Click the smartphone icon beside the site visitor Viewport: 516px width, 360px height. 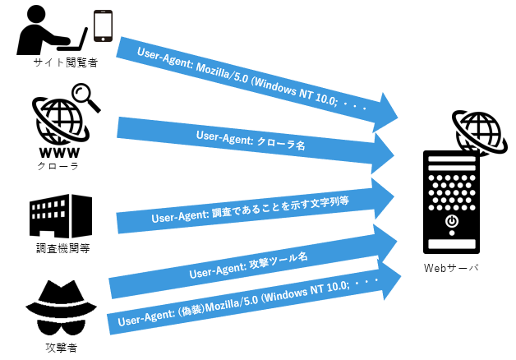point(103,25)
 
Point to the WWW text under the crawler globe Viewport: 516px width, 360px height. point(58,151)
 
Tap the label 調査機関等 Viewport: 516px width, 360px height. point(60,250)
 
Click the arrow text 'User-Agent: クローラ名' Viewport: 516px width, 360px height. point(251,139)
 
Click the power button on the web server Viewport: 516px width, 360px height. point(451,222)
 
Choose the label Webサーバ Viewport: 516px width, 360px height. point(451,268)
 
